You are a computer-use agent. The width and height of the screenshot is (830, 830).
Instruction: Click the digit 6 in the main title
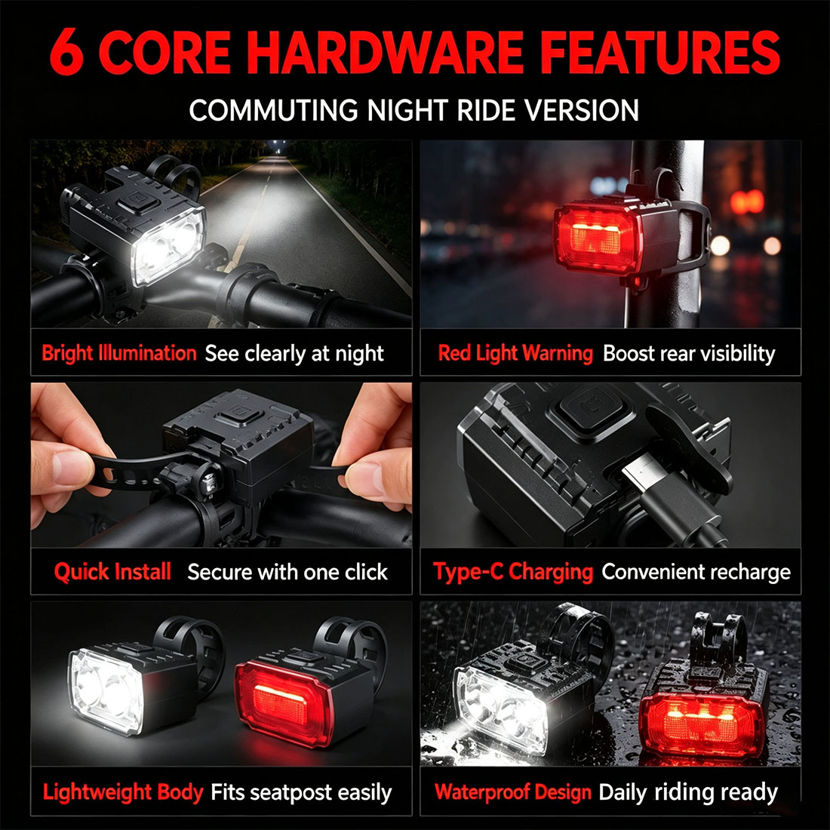point(66,51)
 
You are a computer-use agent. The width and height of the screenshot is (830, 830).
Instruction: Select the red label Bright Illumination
point(119,353)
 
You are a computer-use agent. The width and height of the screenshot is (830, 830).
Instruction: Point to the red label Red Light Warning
point(515,353)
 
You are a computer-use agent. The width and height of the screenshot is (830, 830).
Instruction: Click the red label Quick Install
point(112,572)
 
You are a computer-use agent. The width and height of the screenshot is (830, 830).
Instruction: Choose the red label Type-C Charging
point(513,572)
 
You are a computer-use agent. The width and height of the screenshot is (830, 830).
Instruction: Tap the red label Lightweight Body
point(123,792)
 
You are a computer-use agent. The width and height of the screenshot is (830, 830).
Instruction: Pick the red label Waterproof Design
point(513,792)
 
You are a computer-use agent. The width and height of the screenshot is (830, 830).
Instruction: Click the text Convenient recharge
point(696,572)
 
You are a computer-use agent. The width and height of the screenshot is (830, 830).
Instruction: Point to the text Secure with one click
point(287,572)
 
